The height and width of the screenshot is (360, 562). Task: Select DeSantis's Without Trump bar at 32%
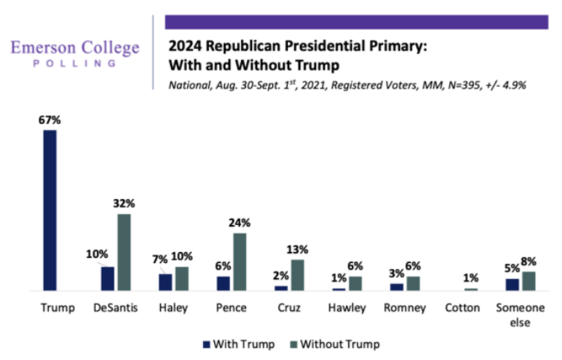(124, 252)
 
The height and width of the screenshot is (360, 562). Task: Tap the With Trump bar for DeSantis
(107, 278)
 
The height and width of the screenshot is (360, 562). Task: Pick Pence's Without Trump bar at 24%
(239, 261)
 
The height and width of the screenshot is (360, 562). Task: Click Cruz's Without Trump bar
(297, 275)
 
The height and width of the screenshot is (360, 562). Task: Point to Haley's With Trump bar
(165, 282)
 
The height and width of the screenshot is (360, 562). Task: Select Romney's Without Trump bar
(413, 283)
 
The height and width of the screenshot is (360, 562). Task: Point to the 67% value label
(50, 121)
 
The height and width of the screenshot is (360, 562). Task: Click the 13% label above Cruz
(297, 250)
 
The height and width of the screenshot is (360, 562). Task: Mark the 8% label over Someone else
(529, 262)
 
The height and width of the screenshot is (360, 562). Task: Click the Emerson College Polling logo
(75, 55)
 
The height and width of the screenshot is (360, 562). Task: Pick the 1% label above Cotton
(472, 279)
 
